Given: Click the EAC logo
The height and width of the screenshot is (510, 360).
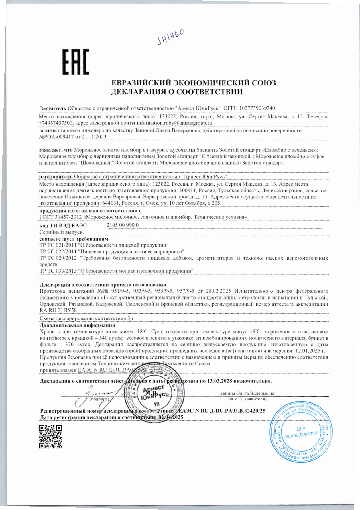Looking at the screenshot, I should (76, 62).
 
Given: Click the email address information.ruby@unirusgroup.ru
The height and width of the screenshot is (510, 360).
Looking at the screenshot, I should (174, 123).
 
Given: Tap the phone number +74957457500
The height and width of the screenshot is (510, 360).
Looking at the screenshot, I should (56, 123).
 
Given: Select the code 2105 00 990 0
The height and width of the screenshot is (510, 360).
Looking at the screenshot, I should (123, 225).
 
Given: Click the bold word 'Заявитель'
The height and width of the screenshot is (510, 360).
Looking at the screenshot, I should (53, 108).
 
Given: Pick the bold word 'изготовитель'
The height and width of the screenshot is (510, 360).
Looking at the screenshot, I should (56, 177).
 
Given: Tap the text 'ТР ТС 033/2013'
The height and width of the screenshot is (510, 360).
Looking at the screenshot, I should (58, 271).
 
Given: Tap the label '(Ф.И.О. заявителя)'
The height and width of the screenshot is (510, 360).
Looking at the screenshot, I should (247, 399).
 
